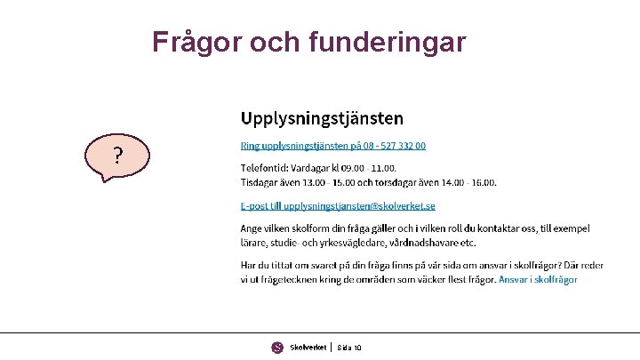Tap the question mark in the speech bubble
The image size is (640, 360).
[117, 157]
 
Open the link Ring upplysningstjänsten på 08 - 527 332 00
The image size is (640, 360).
[333, 145]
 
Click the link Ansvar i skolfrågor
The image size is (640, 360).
[538, 279]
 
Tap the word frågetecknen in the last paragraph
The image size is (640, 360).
[288, 279]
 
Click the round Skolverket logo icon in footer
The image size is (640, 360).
[277, 347]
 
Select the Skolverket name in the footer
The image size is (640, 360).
[308, 347]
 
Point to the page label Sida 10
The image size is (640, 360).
[349, 347]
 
